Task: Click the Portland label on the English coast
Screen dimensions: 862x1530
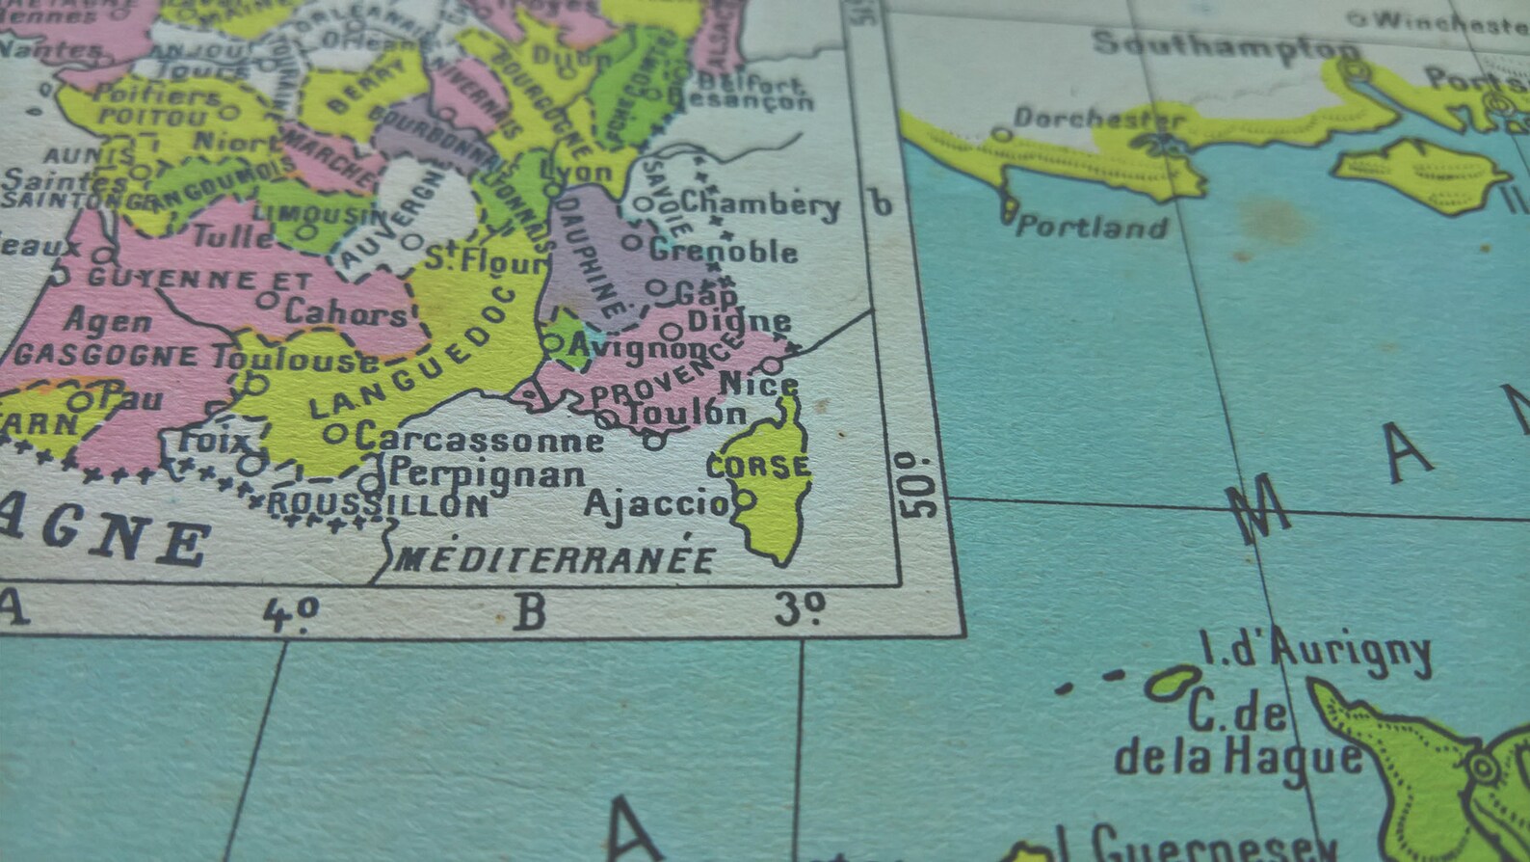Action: pos(1092,227)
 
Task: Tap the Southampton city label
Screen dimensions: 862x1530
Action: pos(1226,45)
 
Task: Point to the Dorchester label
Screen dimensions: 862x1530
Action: pos(1098,119)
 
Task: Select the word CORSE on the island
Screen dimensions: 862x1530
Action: pos(759,467)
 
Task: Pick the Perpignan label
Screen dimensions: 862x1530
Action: pos(489,474)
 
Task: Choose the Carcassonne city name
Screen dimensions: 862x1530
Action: pos(479,439)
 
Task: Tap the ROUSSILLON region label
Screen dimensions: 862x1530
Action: pos(378,503)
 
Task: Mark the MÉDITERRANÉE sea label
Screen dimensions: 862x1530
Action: pos(556,558)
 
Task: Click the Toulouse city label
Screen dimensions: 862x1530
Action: pos(296,359)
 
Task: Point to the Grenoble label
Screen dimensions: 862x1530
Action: pos(724,252)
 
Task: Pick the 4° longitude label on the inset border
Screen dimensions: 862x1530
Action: pos(291,613)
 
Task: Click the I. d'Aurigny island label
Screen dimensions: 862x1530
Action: pos(1315,650)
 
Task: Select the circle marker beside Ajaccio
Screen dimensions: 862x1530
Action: pos(745,500)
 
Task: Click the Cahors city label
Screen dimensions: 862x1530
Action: pos(345,312)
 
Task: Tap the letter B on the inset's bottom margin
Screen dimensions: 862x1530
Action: pos(531,612)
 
